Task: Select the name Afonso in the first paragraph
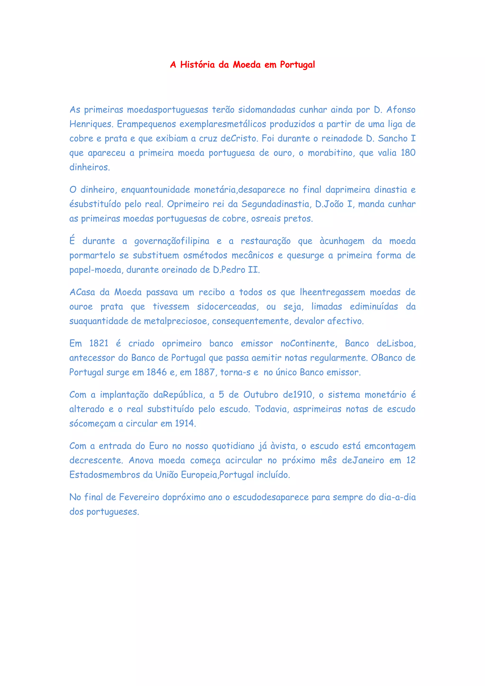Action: pos(401,110)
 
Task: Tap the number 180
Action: pos(408,153)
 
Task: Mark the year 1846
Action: pos(157,372)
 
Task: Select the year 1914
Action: pos(185,423)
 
